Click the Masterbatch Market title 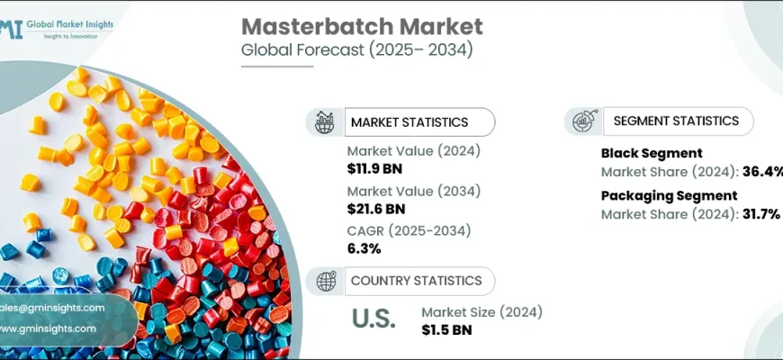(362, 26)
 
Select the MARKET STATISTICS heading (409, 122)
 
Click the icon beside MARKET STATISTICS (325, 121)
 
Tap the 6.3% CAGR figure (364, 248)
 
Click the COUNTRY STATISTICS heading (416, 281)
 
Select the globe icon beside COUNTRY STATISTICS (325, 281)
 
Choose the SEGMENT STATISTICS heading (676, 121)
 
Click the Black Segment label (652, 153)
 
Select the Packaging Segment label (669, 195)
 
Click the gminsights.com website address (49, 328)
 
